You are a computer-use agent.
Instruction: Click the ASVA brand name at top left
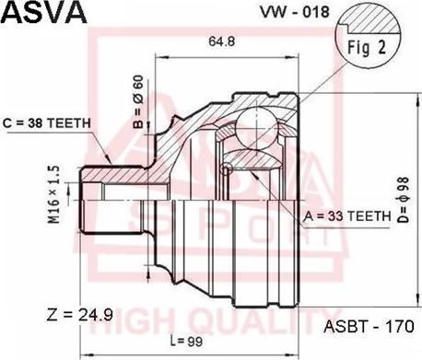coord(44,13)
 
